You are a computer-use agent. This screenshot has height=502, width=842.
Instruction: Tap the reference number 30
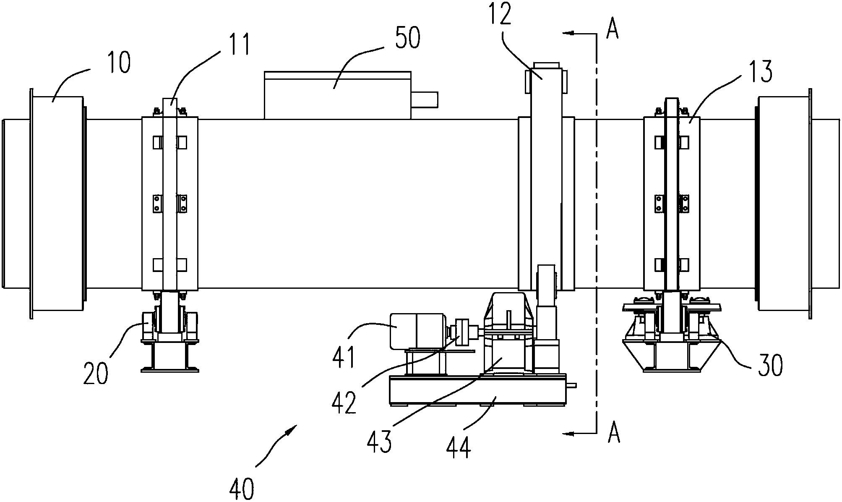[x=770, y=365]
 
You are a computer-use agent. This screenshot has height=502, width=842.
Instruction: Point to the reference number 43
[x=379, y=441]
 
